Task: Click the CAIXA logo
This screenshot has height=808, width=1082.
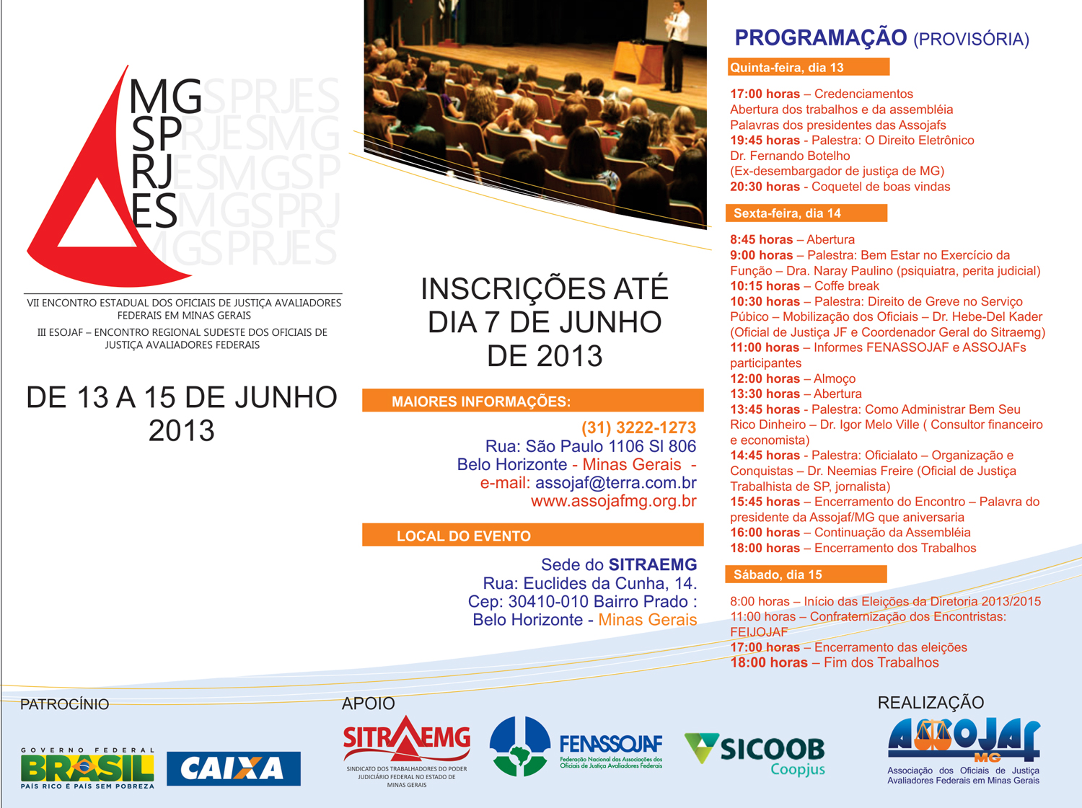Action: point(234,768)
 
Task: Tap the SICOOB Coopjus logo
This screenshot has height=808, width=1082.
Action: point(755,754)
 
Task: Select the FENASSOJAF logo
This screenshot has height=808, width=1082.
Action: point(576,747)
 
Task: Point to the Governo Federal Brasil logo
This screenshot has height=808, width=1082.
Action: point(87,768)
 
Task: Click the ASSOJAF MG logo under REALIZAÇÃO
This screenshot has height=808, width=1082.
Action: point(963,751)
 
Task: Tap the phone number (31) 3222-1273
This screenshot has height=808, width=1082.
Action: point(639,427)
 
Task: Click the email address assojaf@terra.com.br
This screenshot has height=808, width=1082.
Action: point(616,482)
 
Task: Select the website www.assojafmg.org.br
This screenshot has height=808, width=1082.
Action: point(614,501)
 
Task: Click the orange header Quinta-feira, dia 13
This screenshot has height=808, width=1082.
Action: point(809,67)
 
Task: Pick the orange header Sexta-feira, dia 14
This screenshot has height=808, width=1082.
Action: point(806,213)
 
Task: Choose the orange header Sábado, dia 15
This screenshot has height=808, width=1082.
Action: point(806,574)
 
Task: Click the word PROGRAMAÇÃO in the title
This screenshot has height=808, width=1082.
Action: point(821,38)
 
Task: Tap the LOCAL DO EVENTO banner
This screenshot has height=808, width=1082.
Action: point(533,535)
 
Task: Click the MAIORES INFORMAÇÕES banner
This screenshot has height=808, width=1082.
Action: point(533,400)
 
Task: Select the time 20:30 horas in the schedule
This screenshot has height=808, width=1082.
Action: point(765,187)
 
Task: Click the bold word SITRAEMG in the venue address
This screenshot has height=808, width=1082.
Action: point(653,564)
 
